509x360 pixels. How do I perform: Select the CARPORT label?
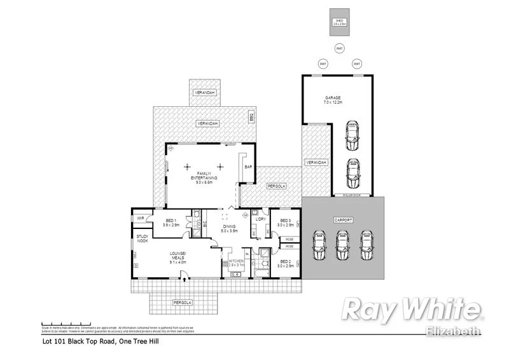coord(343,219)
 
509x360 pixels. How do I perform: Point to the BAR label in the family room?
coord(248,167)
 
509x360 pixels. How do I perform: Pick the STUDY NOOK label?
coord(142,239)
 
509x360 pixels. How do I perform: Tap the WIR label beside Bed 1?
coord(140,219)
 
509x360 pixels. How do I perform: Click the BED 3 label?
coord(286,223)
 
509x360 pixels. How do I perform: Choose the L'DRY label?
coord(260,219)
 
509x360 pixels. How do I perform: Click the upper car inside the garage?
coord(352,134)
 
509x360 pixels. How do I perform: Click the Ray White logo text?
coord(411,310)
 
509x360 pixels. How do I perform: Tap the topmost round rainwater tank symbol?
coord(340,48)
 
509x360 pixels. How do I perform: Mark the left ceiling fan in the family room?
coord(187,167)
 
